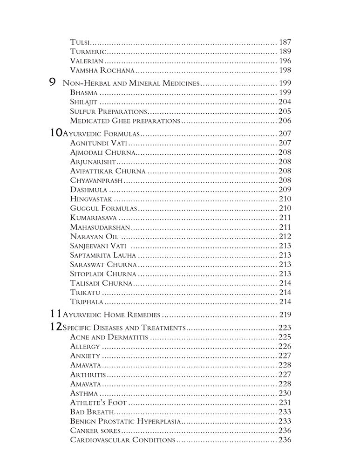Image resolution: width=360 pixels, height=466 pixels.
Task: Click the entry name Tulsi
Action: (x=80, y=42)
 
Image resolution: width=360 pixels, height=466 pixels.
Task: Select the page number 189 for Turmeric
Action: (x=285, y=52)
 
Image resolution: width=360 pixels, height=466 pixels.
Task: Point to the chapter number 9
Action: (x=53, y=83)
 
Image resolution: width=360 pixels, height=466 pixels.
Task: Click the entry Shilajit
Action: (x=83, y=102)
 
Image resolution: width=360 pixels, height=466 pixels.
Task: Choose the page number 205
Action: (x=285, y=111)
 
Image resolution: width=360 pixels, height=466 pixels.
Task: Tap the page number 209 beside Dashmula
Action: (x=285, y=190)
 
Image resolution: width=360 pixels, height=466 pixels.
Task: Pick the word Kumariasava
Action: (x=94, y=218)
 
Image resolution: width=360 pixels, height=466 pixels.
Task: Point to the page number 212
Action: (x=285, y=236)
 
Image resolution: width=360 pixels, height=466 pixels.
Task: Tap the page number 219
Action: (x=285, y=315)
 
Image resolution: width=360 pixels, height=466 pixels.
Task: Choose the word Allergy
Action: (x=85, y=346)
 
